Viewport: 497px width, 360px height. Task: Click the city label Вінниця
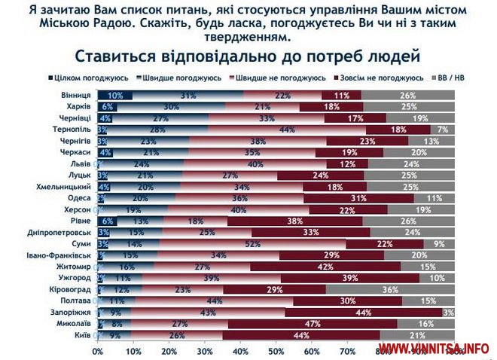tap(78, 96)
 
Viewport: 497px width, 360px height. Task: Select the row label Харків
tap(79, 107)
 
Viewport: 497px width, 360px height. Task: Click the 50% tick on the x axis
tap(276, 350)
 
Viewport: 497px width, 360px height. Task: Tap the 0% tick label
tap(97, 350)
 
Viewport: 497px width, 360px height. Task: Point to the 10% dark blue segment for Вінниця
tap(114, 96)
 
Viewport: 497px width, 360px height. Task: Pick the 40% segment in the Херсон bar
tap(237, 210)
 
